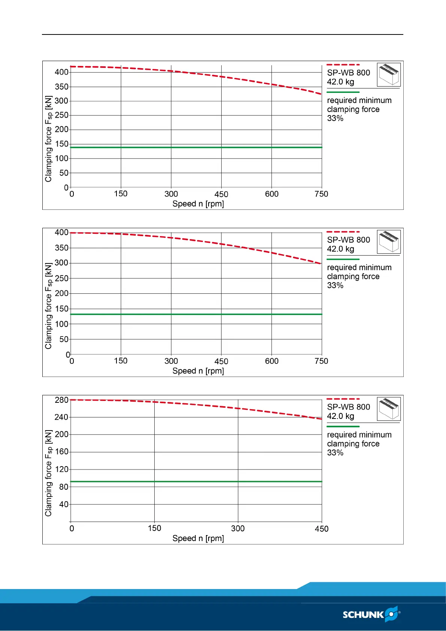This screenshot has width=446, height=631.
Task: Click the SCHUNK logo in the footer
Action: coord(371,615)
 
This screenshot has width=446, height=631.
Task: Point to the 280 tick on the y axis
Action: coord(61,400)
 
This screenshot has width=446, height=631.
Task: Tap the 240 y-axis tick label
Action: coord(61,417)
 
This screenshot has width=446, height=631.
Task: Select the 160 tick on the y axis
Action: coord(61,452)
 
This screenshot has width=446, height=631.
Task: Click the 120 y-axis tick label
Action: coord(61,470)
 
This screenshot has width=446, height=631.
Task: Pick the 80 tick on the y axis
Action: coord(64,487)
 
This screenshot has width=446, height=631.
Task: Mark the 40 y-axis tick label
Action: coord(64,504)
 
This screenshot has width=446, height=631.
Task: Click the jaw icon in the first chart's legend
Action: coord(389,75)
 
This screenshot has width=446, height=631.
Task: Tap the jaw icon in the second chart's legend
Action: coord(389,242)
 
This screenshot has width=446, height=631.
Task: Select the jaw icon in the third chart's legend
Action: coord(389,409)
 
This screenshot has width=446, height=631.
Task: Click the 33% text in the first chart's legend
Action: coord(335,118)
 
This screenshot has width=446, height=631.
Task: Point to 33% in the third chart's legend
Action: coord(335,453)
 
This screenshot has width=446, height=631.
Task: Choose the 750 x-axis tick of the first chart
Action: coord(321,194)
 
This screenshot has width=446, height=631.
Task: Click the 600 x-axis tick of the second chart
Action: coord(271,361)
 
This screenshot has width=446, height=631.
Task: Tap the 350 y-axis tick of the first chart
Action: coord(61,87)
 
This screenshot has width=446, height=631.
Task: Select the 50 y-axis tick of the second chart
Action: coord(64,339)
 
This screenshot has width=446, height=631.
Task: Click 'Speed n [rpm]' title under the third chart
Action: coord(198,538)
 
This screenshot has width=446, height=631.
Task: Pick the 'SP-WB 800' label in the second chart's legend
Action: coord(348,240)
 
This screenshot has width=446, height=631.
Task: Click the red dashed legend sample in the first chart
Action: coord(343,65)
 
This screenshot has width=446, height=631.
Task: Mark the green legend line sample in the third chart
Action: coord(343,426)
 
